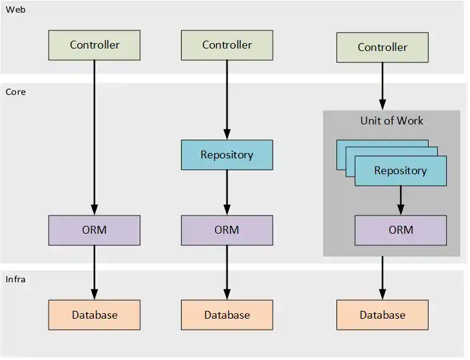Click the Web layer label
16,10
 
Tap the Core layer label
16,92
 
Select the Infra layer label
16,279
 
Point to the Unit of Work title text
392,120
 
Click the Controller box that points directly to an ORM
94,45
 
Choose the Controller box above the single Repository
227,45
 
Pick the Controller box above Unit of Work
382,47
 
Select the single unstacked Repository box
227,155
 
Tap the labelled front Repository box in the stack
400,171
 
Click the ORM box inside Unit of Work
400,230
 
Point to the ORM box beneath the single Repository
227,230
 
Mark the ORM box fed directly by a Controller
94,230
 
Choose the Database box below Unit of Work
382,314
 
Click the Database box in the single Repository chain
227,314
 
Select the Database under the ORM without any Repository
94,314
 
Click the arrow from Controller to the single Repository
227,100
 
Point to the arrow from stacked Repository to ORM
401,200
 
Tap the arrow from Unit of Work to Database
383,278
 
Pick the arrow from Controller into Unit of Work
383,86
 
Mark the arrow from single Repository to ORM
227,192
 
